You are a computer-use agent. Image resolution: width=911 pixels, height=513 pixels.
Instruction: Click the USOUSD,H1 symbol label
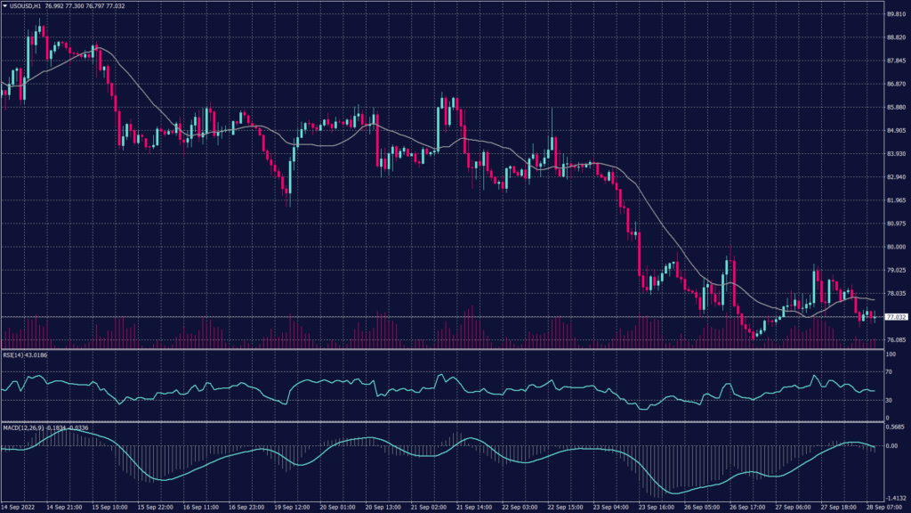pos(27,6)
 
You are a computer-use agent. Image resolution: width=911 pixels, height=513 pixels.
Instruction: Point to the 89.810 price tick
pos(896,14)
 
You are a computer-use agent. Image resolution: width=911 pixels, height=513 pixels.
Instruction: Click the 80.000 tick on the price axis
pos(896,248)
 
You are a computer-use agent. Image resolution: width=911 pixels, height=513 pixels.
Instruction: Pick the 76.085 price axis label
pos(896,340)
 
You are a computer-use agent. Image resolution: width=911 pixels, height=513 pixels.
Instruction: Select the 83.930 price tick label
pos(896,154)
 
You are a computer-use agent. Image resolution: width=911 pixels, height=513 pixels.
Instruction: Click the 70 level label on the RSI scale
pos(890,373)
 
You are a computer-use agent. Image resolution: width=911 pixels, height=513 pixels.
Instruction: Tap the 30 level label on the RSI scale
pos(890,401)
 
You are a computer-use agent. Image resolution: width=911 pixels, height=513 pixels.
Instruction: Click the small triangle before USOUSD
pos(4,6)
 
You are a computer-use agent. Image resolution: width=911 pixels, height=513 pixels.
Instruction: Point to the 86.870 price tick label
pos(896,85)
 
